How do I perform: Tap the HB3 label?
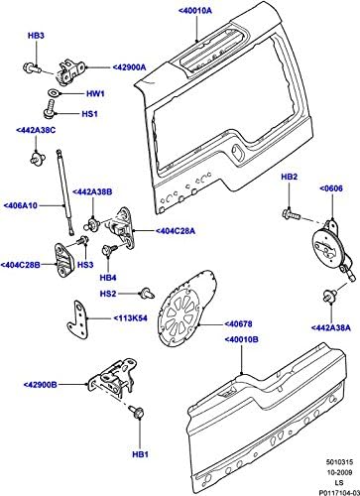tap(36, 36)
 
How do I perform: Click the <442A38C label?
tap(37, 130)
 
